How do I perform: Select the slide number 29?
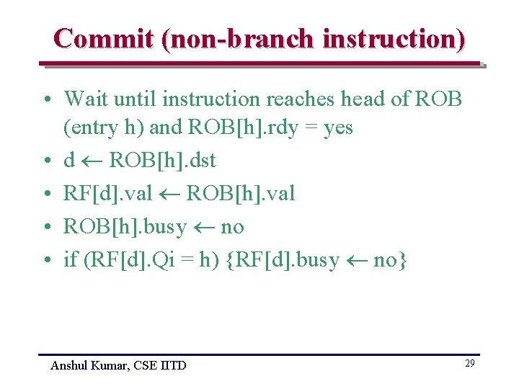tap(469, 364)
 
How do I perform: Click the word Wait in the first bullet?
tap(86, 99)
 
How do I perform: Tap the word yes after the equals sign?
tap(338, 128)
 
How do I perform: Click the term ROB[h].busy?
tap(125, 227)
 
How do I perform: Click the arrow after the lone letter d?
tap(92, 161)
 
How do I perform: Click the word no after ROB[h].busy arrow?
tap(232, 228)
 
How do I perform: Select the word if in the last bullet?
tap(70, 260)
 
